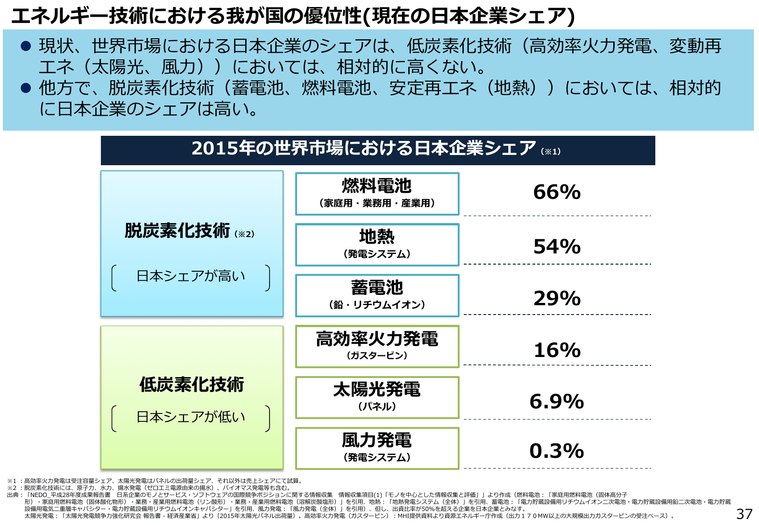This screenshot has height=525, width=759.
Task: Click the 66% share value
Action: click(x=557, y=192)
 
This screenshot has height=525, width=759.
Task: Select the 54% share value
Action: click(x=557, y=247)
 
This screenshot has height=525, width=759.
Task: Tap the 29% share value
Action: click(x=557, y=299)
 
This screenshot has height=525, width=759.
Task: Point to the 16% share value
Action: click(x=557, y=350)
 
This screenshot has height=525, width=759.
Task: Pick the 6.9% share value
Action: click(x=557, y=402)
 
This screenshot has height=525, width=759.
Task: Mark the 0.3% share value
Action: click(x=557, y=451)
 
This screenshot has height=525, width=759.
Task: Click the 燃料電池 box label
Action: click(x=376, y=186)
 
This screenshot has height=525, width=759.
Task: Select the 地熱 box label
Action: click(x=376, y=237)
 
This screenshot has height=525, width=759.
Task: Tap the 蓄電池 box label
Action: click(x=376, y=288)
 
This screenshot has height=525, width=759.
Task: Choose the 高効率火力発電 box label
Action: click(x=376, y=339)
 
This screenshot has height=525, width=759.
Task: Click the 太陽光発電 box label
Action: click(x=376, y=390)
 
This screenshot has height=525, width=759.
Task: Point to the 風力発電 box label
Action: click(x=376, y=441)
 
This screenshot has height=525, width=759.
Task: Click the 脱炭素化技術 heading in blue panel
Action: click(x=177, y=231)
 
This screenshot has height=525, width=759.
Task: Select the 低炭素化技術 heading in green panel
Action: click(x=192, y=385)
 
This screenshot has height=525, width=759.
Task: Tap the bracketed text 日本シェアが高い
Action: click(x=191, y=276)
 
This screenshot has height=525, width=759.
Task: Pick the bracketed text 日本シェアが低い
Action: click(x=191, y=417)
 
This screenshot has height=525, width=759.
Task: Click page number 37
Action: click(x=744, y=514)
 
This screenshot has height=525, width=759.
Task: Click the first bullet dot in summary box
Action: click(x=26, y=46)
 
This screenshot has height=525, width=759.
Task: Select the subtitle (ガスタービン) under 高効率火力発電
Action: click(x=376, y=356)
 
